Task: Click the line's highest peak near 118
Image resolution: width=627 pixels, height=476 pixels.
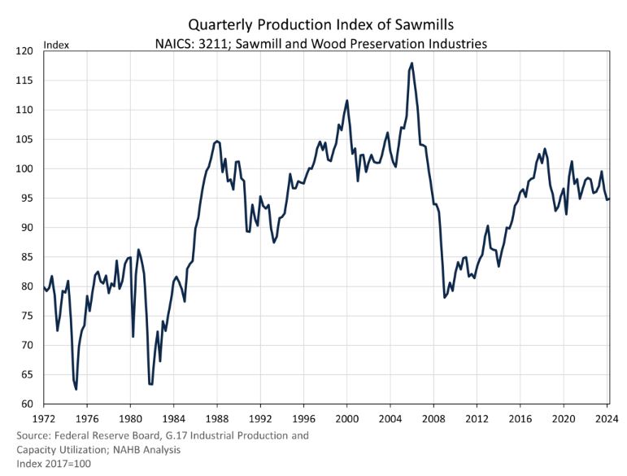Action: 412,63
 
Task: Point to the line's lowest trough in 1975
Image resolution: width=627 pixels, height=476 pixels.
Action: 76,389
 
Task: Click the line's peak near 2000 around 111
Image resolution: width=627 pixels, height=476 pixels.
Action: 347,100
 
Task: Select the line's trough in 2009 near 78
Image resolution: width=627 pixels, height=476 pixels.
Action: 444,298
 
